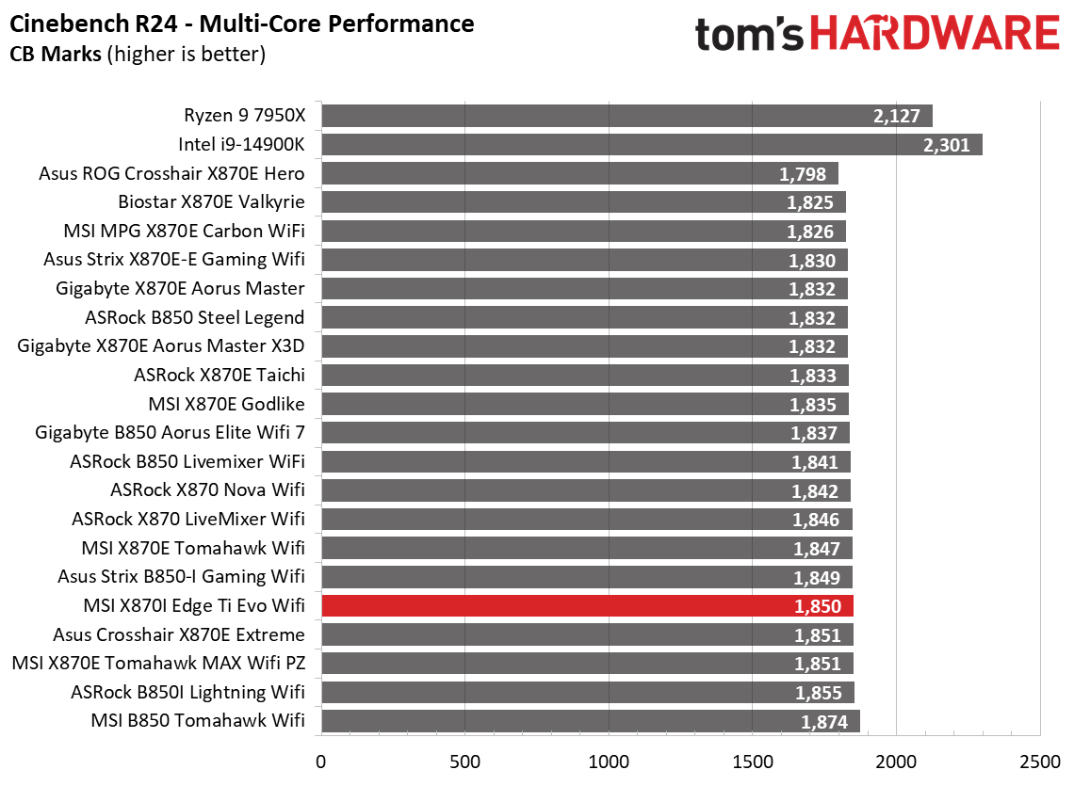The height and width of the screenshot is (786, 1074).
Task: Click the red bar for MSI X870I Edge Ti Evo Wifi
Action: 587,606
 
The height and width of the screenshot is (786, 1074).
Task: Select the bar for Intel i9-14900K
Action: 651,145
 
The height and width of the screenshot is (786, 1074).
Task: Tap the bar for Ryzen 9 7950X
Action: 626,116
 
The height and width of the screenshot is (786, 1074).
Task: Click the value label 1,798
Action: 803,174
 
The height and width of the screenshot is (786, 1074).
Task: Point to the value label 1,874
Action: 824,722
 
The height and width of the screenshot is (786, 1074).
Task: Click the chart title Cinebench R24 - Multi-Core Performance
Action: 242,23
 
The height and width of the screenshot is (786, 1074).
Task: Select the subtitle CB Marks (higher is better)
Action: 138,54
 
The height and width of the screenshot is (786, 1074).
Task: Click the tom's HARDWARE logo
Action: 877,34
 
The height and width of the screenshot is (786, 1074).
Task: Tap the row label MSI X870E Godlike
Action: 227,405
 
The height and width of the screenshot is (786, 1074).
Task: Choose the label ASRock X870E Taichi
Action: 220,376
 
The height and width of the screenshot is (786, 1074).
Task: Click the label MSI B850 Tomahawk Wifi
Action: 198,721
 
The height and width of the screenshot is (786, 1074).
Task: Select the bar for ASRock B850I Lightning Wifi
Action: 588,693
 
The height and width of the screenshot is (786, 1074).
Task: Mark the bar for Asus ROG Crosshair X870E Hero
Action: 579,174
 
